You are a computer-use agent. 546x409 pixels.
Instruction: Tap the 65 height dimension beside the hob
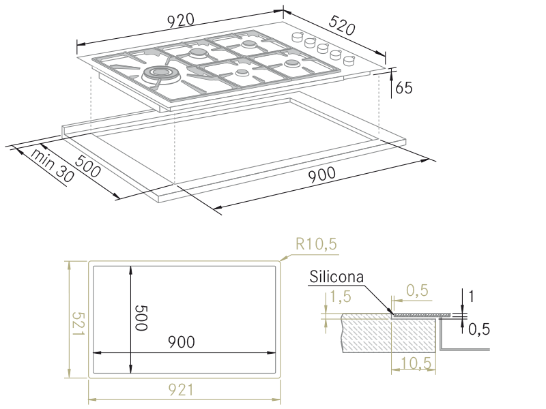point(403,87)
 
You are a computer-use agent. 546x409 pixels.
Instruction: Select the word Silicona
point(336,278)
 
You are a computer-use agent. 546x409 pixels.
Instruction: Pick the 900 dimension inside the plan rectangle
point(181,341)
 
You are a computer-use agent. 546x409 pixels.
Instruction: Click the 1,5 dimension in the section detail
point(339,297)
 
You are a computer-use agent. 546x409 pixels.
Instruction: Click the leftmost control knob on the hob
point(298,37)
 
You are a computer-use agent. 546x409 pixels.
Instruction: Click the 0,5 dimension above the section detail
point(417,291)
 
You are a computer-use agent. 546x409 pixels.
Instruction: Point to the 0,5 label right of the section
point(479,329)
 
